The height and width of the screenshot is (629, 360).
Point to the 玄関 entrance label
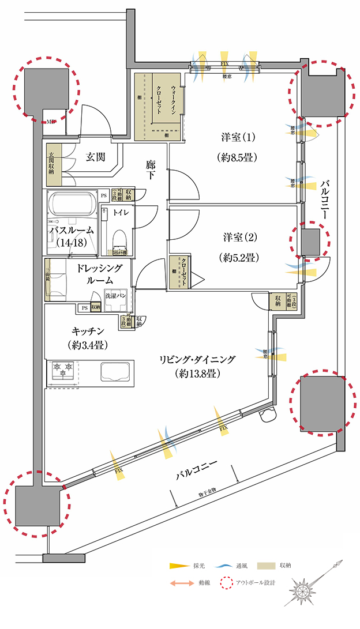[x=96, y=157]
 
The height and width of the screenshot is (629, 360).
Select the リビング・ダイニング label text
[x=197, y=359]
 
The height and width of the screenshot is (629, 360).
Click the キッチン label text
[x=88, y=331]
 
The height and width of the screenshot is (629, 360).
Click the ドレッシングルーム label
[x=96, y=274]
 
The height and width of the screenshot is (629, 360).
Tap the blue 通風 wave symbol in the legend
[x=222, y=566]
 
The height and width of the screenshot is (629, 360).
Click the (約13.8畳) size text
[x=197, y=374]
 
